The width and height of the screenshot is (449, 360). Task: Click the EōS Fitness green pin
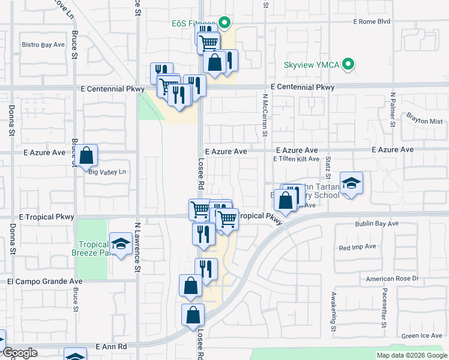[224, 24]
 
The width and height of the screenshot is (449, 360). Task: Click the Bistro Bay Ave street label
[43, 44]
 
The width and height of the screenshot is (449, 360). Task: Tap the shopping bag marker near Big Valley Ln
[86, 155]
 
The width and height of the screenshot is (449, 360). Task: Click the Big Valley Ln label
[109, 172]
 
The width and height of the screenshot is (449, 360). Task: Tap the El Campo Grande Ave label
[45, 281]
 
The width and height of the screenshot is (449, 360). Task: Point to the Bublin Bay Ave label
[376, 224]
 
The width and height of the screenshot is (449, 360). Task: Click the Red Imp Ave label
[357, 247]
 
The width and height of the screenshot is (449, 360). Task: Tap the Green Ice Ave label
[422, 335]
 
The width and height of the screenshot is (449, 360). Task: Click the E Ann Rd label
[112, 347]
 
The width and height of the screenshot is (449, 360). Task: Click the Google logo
[19, 353]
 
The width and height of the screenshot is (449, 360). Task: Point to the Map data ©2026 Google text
[412, 355]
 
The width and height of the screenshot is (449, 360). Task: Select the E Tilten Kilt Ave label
[296, 159]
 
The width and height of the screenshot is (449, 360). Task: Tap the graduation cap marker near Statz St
[351, 182]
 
